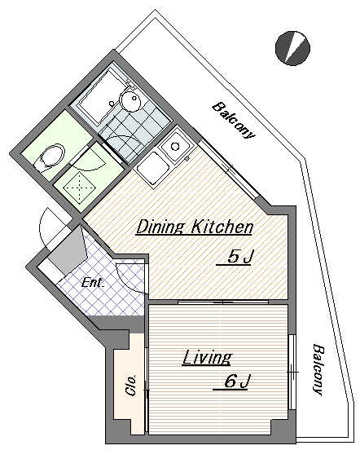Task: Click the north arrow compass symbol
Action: pos(292,48)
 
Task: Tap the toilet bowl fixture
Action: pos(50,158)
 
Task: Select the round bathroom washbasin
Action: pos(130,99)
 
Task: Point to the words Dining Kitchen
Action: pos(195,227)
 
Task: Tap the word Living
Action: pos(207,357)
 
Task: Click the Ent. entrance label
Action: pos(92,283)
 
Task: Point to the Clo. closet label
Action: pos(130,386)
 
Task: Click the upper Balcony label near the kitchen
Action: pos(234,121)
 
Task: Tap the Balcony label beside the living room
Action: pos(318,369)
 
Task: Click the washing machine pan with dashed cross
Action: pos(79,187)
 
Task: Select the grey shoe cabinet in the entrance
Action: pos(67,251)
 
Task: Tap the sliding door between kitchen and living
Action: pos(223,302)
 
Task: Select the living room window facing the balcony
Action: pos(291,373)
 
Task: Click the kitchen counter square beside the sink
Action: pos(152,167)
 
